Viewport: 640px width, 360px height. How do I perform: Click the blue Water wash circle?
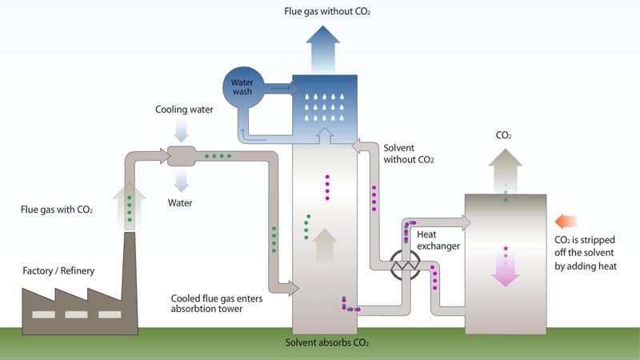tap(242, 86)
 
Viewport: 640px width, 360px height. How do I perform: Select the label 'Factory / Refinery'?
tap(58, 271)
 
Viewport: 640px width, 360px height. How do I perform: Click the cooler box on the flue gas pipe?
tap(183, 156)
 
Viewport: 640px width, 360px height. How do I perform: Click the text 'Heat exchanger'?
tap(439, 240)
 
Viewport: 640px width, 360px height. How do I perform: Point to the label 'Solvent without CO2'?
tap(409, 154)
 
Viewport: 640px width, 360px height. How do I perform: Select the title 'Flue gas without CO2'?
tap(327, 11)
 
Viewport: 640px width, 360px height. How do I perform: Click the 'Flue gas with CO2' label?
tap(57, 210)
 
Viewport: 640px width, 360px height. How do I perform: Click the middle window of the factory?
tap(76, 314)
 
